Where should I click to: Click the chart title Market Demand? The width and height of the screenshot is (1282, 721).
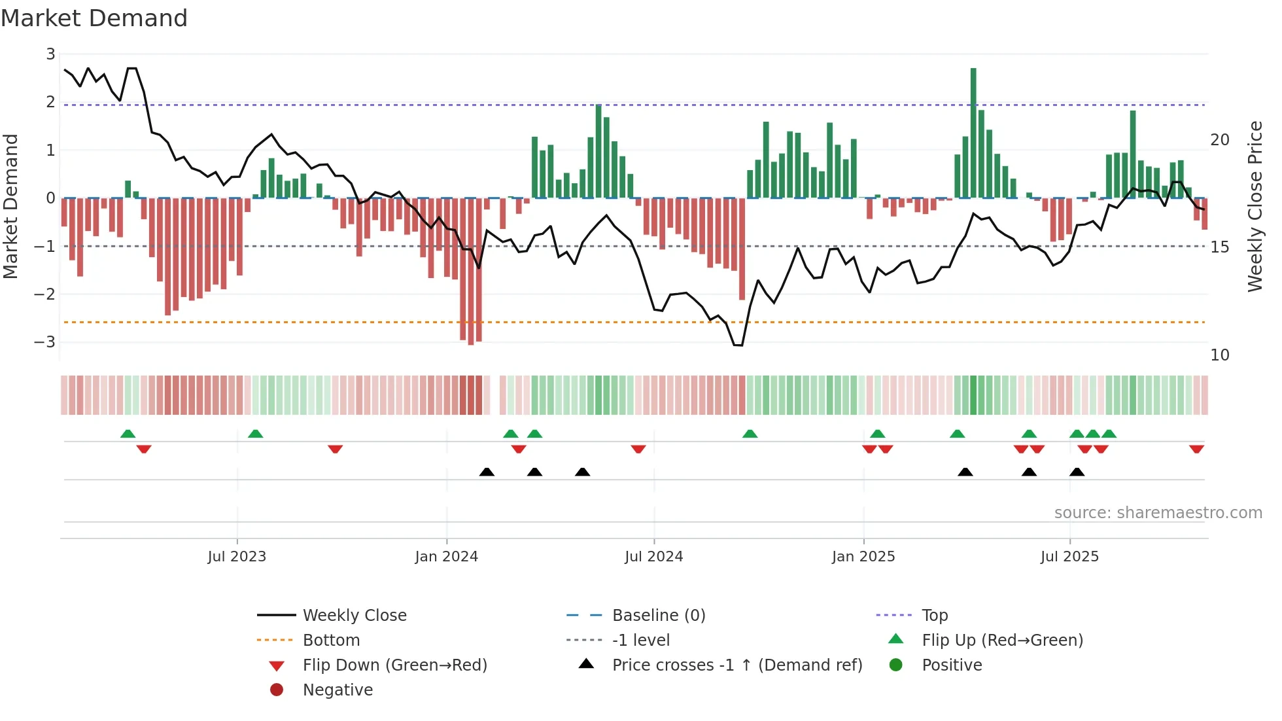point(94,18)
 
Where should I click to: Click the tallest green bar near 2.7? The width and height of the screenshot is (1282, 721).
point(973,131)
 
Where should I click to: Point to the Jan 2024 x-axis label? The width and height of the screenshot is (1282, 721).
point(446,557)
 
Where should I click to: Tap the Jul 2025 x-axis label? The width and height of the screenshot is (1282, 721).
point(1069,557)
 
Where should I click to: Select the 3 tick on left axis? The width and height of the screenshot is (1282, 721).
point(50,54)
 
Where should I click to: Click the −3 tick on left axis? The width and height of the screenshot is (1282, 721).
point(45,342)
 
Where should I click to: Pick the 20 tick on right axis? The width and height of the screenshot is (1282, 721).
point(1220,140)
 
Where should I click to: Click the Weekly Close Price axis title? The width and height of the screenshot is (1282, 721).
point(1255,206)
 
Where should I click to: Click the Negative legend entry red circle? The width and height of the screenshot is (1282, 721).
point(277,690)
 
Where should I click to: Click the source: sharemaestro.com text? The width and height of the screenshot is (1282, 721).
point(1158,513)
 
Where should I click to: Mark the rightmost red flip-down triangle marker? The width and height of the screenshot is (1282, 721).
point(1196,449)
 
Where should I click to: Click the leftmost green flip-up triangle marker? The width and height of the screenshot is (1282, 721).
point(128,434)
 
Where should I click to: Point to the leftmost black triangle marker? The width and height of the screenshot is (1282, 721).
point(487,472)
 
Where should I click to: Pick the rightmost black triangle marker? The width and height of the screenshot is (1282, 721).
point(1077,472)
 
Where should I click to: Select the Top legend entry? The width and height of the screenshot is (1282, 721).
point(934,616)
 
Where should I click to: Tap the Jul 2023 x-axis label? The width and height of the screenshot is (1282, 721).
point(237,557)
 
